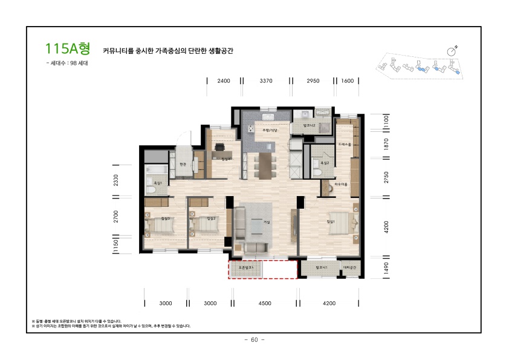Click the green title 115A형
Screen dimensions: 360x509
point(67,48)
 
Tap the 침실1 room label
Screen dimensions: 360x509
point(330,221)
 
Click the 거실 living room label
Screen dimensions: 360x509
point(266,222)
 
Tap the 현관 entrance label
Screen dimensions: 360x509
point(183,164)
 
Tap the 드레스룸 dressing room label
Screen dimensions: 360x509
point(345,144)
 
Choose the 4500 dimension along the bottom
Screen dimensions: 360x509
point(265,303)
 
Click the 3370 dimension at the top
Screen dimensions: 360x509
point(266,80)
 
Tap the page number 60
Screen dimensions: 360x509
point(254,339)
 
